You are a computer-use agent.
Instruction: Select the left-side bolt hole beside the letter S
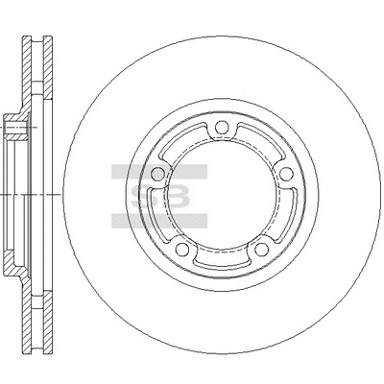[157, 174]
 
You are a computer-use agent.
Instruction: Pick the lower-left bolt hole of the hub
[182, 249]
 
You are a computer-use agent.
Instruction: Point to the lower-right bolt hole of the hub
[262, 249]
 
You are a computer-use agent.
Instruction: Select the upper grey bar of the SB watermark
[159, 172]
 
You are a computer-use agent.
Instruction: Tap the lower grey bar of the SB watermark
[159, 221]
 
